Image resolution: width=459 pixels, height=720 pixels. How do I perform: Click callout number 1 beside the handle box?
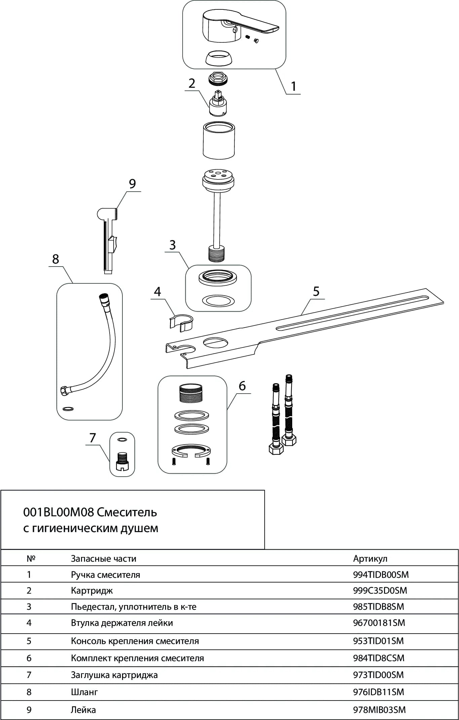click(294, 86)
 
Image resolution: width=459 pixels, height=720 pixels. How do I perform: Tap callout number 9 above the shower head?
click(132, 184)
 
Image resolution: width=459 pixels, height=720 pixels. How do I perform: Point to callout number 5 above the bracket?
click(316, 291)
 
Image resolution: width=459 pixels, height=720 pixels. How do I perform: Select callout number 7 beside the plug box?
click(92, 438)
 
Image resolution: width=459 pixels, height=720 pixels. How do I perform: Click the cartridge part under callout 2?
click(218, 104)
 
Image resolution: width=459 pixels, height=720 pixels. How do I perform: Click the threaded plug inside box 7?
click(122, 462)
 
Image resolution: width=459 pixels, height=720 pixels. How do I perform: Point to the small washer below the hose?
click(68, 409)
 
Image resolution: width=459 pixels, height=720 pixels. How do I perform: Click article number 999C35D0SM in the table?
click(380, 591)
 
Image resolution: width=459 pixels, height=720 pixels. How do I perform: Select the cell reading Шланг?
click(84, 692)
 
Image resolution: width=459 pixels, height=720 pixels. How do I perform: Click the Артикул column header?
click(370, 559)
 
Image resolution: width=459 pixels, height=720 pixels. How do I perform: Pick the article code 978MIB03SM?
click(379, 710)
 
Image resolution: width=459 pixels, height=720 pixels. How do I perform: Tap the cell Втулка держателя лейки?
click(122, 623)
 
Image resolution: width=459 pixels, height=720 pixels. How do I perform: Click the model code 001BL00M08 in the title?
click(58, 512)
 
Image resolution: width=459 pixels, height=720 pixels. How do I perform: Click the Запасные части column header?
click(104, 559)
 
